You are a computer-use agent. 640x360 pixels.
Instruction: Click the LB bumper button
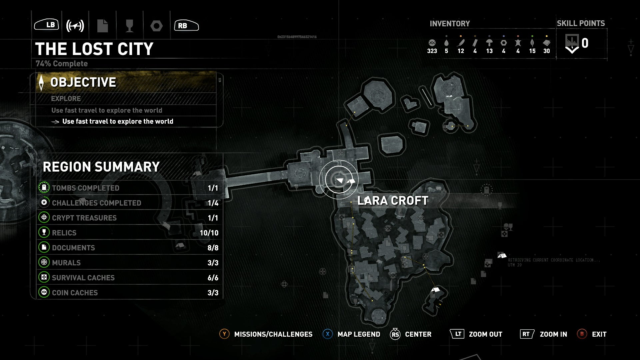(47, 25)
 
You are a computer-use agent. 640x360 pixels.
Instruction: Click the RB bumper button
(186, 25)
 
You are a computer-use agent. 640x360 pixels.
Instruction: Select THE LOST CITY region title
(94, 49)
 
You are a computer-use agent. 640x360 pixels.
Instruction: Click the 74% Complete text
(62, 64)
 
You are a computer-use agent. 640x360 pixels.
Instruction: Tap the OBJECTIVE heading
(83, 82)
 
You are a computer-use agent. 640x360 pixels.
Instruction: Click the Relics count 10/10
(209, 233)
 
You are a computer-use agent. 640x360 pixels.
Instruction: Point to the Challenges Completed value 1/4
(213, 203)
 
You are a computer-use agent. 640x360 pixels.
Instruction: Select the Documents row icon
(44, 247)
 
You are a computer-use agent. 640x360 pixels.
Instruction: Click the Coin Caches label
(75, 293)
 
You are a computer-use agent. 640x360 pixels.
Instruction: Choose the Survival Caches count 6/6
(213, 278)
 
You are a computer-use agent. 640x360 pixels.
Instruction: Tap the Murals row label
(66, 263)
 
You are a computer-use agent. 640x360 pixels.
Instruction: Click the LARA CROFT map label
(393, 201)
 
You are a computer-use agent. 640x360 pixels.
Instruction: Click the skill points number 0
(585, 43)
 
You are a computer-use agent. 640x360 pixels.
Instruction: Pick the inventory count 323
(432, 51)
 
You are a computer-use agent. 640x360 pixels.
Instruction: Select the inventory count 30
(546, 51)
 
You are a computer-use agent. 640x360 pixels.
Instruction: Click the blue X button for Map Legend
(328, 334)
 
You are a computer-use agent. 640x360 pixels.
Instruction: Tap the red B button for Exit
(582, 334)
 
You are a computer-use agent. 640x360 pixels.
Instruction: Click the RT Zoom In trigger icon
(527, 334)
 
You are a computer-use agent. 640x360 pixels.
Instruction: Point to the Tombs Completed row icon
(44, 188)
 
